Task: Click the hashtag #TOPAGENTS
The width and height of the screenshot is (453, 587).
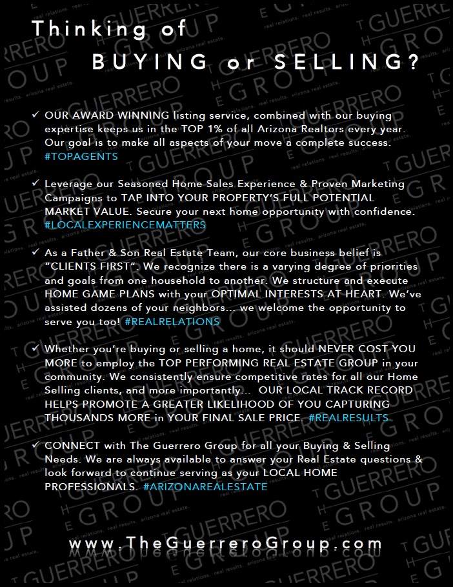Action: pos(81,156)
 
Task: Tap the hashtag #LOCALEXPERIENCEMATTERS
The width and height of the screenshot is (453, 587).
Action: pos(125,225)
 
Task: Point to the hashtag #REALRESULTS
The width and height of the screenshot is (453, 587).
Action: pos(348,418)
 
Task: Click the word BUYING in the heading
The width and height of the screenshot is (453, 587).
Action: pos(150,63)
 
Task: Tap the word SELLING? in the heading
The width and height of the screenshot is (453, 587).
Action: pos(349,63)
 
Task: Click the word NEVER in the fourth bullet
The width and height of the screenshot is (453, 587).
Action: pos(343,349)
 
